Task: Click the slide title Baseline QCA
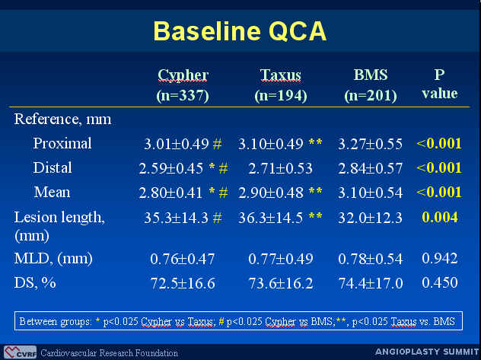click(240, 31)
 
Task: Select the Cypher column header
click(183, 85)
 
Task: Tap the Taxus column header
click(280, 85)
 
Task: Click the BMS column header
click(371, 85)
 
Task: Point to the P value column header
click(440, 84)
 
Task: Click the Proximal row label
click(62, 143)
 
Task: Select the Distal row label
click(53, 167)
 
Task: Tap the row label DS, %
click(35, 282)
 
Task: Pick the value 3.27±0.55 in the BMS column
click(370, 144)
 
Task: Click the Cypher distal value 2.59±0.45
click(171, 168)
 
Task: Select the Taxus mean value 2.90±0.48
click(271, 193)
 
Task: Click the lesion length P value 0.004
click(440, 218)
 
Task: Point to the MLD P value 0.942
click(440, 258)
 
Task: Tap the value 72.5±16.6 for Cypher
click(183, 283)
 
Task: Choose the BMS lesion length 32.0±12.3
click(370, 218)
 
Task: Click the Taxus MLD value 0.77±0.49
click(281, 259)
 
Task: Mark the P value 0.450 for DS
click(440, 282)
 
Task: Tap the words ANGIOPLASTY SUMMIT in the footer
click(427, 352)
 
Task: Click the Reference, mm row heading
click(62, 119)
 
